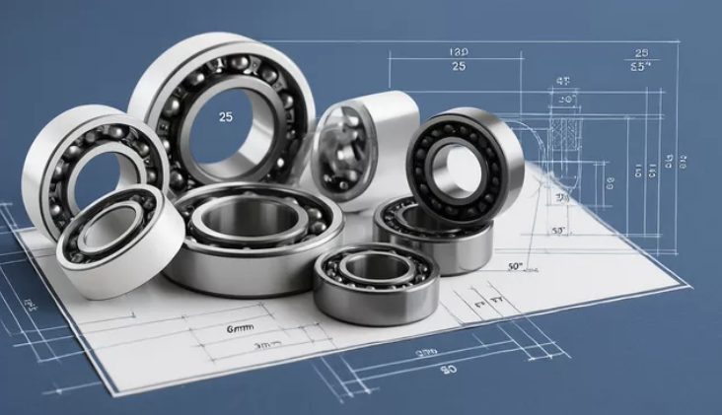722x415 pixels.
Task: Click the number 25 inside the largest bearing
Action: coord(226,117)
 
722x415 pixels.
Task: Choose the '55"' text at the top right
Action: coord(639,68)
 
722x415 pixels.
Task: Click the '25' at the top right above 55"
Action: coord(641,52)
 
